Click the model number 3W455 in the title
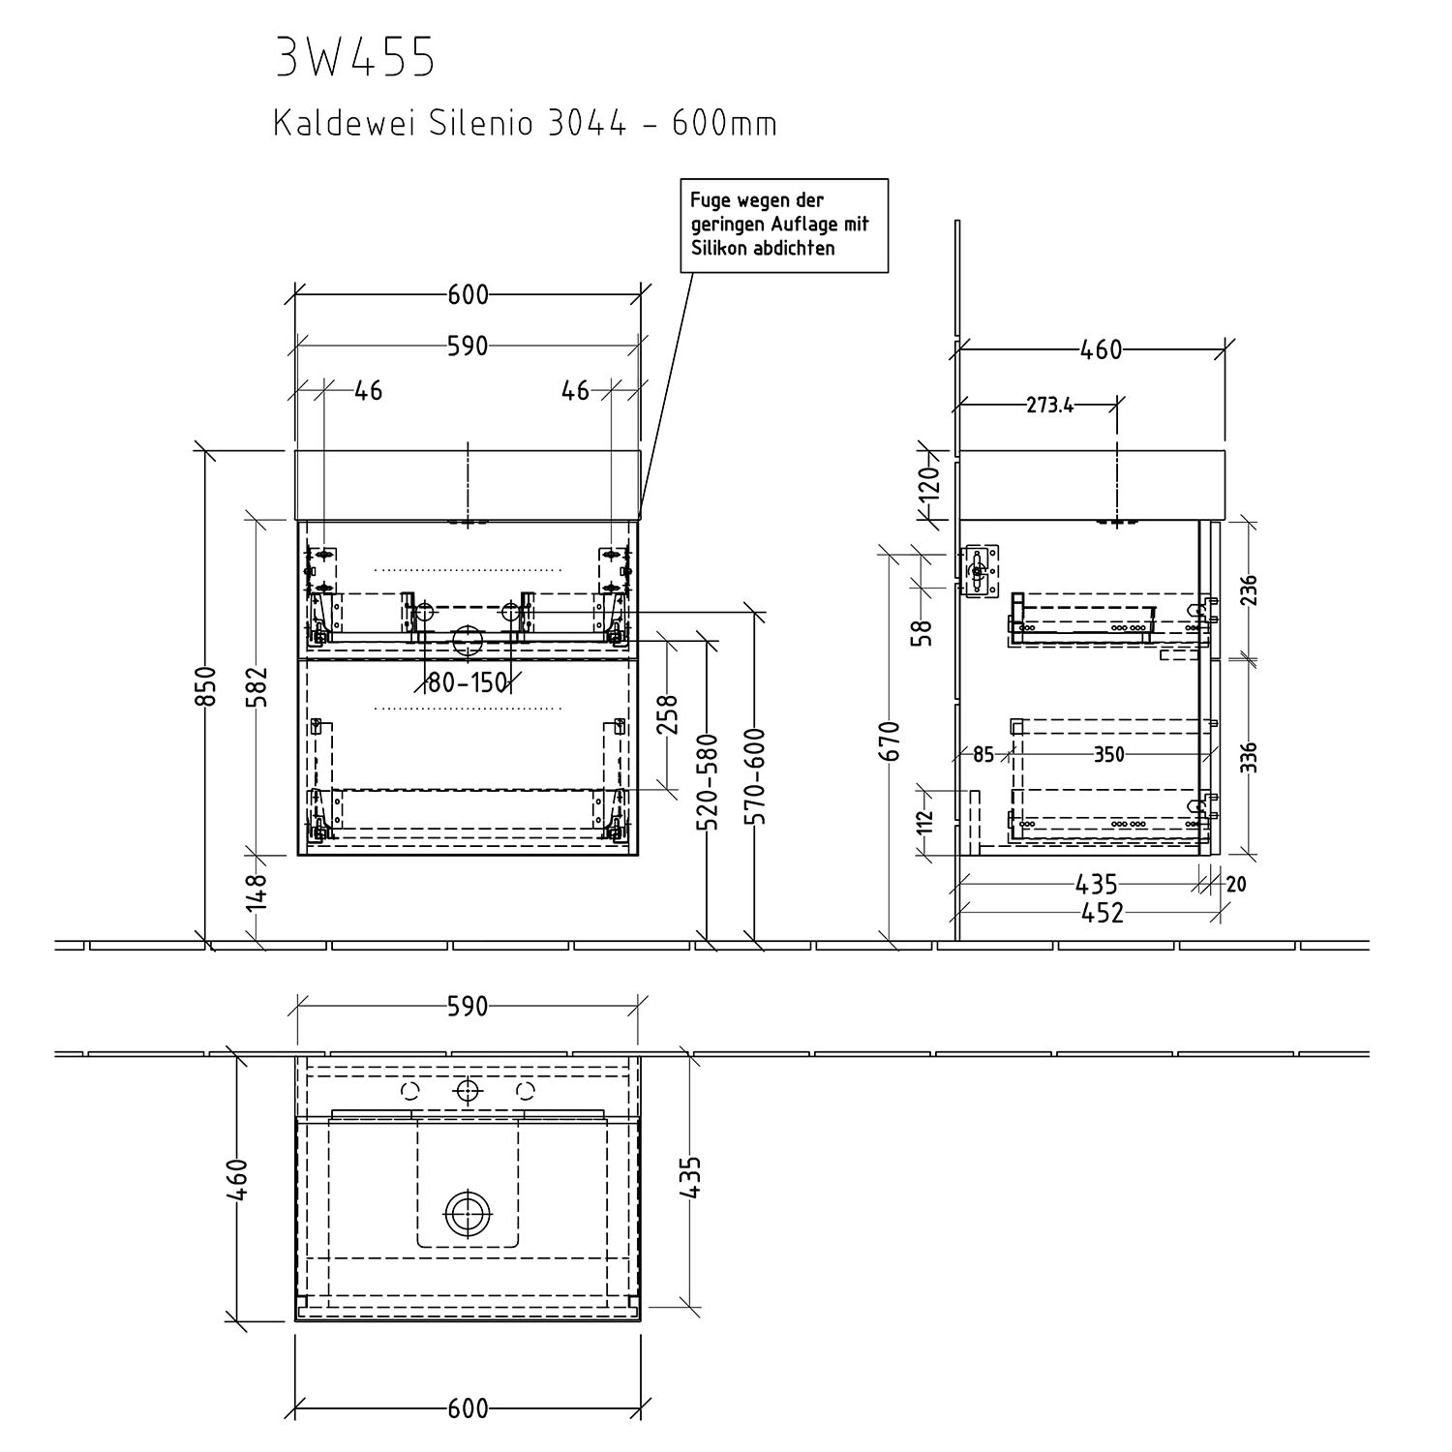coord(356,59)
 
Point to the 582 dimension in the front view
coord(257,686)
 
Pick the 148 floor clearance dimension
coord(257,892)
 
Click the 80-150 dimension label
coord(468,682)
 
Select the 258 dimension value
coord(667,714)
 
